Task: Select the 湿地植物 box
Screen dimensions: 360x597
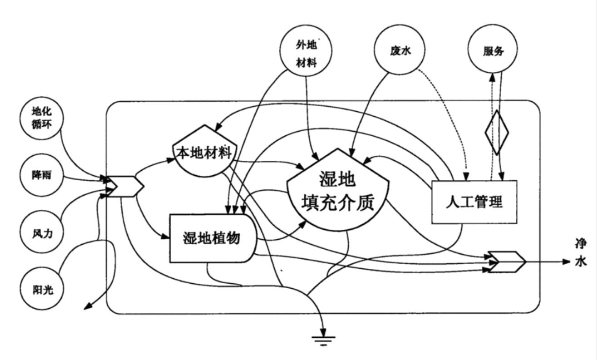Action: [212, 237]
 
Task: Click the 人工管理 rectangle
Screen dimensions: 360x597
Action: [474, 202]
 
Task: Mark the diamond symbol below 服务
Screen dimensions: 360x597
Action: [496, 133]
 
